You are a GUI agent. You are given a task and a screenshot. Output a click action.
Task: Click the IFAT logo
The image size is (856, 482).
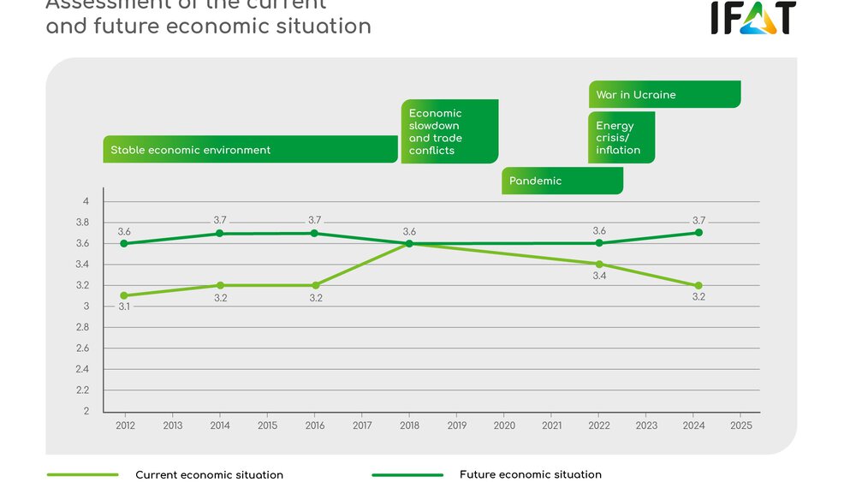pos(752,17)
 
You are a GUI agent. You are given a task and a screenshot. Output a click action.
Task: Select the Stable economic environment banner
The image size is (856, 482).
pos(250,150)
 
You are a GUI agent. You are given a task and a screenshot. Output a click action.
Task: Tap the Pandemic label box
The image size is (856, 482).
pos(562,181)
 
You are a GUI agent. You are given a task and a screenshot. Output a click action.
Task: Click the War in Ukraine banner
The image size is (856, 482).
pos(664,94)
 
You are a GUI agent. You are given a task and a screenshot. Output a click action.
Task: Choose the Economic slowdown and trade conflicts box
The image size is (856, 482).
pos(449,132)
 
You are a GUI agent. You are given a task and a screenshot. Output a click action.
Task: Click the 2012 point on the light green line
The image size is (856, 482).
pos(124,295)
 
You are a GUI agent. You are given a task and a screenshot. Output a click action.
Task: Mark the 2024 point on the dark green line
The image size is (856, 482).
pos(699,232)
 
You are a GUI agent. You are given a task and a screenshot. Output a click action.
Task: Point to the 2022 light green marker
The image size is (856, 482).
pos(599,264)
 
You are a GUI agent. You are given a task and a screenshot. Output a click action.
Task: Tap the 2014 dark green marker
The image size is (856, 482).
pos(220,233)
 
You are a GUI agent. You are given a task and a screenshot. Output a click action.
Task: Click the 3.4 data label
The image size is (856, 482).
pos(599,277)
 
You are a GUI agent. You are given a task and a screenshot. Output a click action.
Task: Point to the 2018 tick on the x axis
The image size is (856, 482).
pos(409,425)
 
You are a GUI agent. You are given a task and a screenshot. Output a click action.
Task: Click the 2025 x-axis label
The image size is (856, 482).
pos(741,425)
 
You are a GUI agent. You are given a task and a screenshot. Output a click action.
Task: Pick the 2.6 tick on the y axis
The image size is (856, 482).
pos(83,348)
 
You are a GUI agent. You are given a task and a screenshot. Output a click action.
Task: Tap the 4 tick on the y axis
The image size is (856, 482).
pos(86,201)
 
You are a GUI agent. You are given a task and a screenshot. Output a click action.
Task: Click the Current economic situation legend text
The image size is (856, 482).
pos(209,474)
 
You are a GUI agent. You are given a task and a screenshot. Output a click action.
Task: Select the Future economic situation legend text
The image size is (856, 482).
pos(530,474)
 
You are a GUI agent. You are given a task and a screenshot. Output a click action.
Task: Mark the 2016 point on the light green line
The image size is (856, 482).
pos(315,285)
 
